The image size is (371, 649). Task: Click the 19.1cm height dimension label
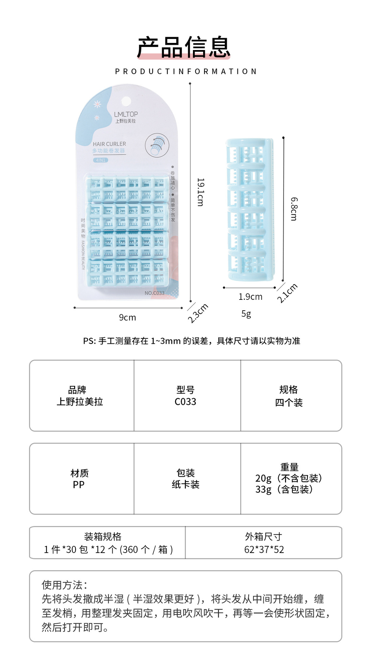(200, 192)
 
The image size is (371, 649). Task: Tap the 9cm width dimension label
(127, 317)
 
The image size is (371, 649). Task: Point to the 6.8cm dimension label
(294, 209)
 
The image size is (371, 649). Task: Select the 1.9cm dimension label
(250, 297)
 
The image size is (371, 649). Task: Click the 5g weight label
(246, 314)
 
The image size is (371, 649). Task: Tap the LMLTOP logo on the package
(126, 114)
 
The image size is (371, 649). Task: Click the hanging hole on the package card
(126, 101)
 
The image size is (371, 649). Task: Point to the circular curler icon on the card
(157, 145)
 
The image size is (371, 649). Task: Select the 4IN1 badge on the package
(101, 160)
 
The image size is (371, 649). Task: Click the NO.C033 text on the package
(154, 293)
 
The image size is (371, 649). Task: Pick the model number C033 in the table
(185, 402)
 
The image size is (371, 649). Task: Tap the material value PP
(79, 485)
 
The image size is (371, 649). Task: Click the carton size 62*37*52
(264, 549)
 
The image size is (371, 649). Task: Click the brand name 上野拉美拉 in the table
(80, 402)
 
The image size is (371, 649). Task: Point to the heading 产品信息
(184, 47)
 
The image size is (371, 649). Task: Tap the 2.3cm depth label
(198, 313)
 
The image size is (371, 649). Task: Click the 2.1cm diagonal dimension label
(287, 293)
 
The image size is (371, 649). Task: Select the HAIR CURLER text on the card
(109, 144)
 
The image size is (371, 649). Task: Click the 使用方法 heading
(64, 585)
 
